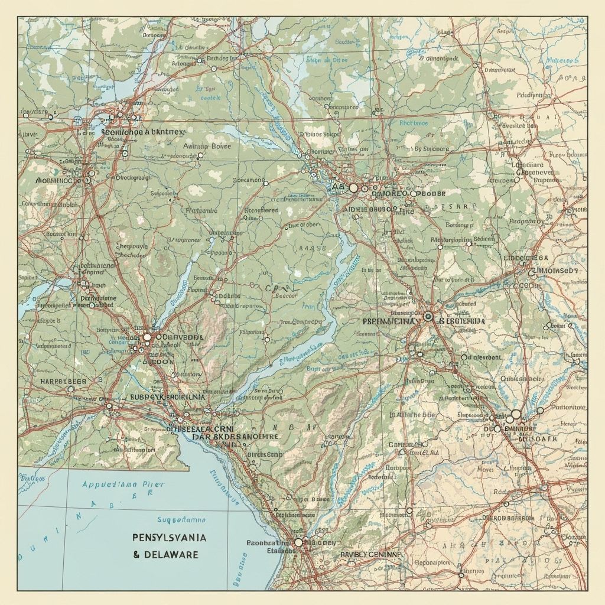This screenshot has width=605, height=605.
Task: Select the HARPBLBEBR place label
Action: (x=63, y=381)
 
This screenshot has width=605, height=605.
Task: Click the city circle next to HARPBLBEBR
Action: (x=71, y=389)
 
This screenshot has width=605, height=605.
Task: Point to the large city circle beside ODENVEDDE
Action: (x=147, y=337)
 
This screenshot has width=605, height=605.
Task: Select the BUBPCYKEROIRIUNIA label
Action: (x=168, y=398)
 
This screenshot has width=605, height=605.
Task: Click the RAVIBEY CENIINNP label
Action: (x=370, y=555)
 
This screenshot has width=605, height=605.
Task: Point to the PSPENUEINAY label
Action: (x=390, y=320)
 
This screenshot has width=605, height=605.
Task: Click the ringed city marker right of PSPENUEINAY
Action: (x=428, y=317)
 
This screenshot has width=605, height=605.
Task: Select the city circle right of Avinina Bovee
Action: (x=200, y=155)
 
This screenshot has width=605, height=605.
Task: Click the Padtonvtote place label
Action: (x=568, y=407)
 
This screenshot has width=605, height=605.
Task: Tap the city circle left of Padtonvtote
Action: (x=540, y=410)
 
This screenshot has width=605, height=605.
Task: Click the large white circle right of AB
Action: (x=353, y=187)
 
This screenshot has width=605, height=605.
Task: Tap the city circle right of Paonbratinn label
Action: (x=298, y=542)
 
